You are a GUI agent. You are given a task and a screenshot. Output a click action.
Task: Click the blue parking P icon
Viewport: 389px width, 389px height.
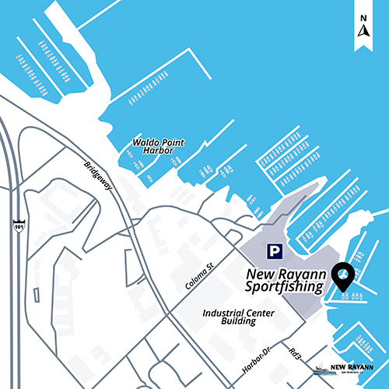273,251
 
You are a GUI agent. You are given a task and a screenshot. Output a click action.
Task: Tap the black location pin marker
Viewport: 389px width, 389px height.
342,276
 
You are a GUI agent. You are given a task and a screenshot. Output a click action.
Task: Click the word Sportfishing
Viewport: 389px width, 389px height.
283,288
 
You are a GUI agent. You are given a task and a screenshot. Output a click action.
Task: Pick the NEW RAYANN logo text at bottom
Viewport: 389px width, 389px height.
352,366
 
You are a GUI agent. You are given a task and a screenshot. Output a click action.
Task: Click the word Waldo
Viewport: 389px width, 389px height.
142,142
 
